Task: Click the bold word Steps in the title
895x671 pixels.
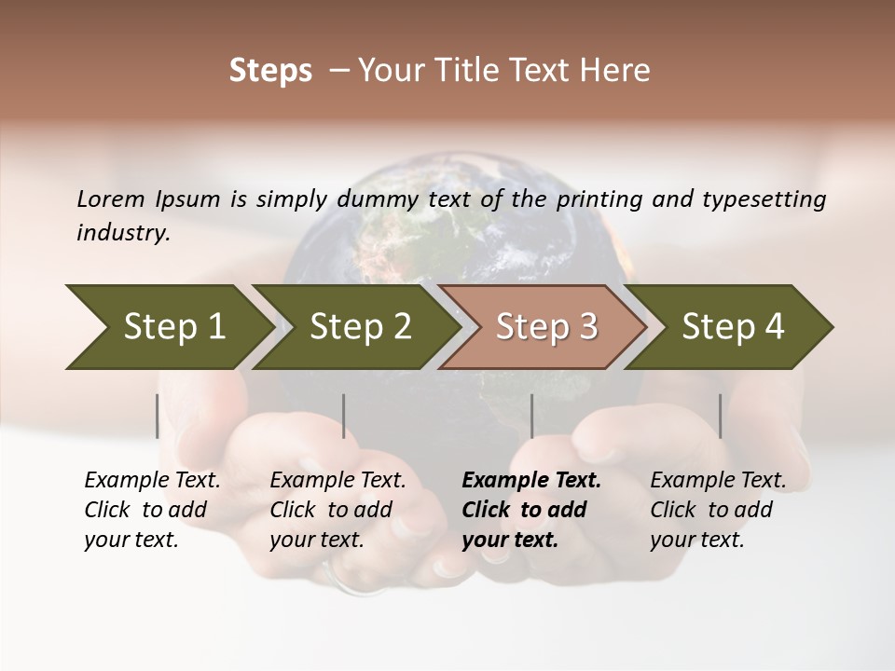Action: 270,71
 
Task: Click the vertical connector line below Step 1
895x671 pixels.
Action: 158,416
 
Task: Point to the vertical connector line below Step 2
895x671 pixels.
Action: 344,416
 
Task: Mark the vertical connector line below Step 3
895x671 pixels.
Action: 531,416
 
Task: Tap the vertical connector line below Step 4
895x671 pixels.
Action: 720,416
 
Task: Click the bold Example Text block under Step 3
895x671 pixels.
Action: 531,510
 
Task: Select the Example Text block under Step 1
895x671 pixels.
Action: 152,510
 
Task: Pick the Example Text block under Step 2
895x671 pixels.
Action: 337,510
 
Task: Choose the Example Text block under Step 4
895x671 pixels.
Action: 718,510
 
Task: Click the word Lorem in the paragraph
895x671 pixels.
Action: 111,199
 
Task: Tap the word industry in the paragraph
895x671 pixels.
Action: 123,233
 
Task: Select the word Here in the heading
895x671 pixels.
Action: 620,71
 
